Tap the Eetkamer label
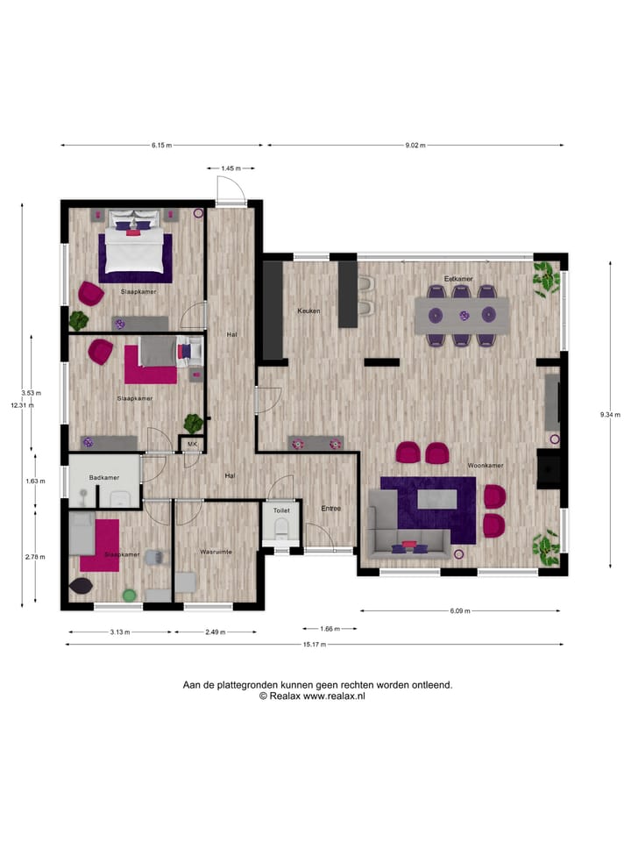click(x=457, y=279)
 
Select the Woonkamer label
click(x=483, y=466)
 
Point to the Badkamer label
click(x=104, y=477)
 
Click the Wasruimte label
click(x=215, y=553)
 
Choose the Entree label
click(x=330, y=509)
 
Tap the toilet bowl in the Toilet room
click(x=281, y=527)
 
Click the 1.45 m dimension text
click(x=231, y=168)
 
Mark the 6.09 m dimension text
click(x=459, y=610)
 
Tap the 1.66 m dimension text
click(x=329, y=628)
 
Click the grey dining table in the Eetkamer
click(x=462, y=315)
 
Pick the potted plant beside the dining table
click(x=547, y=278)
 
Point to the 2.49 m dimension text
click(x=216, y=631)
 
